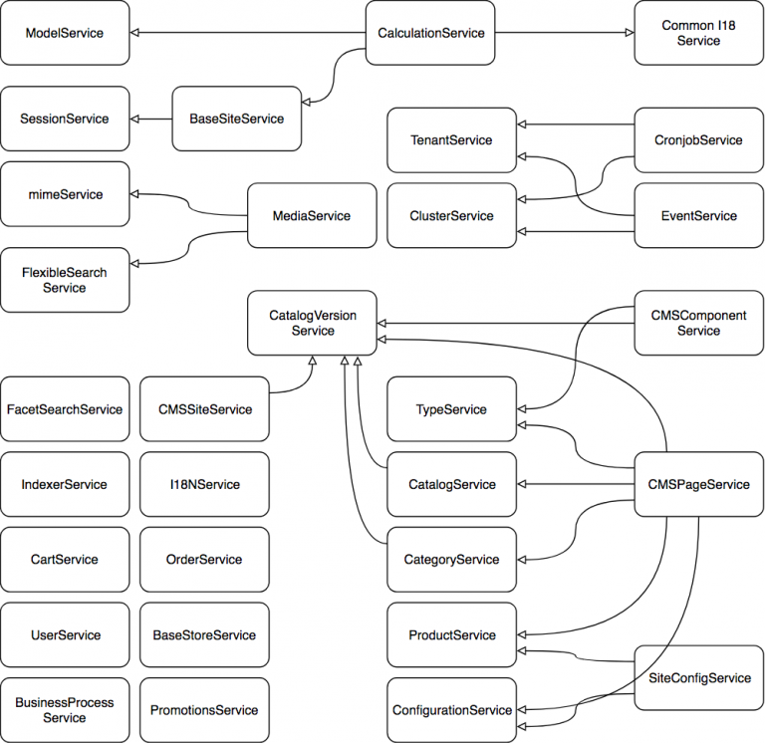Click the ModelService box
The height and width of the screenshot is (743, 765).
coord(65,33)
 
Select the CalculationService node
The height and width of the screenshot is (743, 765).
coord(430,33)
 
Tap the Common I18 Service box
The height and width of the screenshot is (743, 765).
coord(698,33)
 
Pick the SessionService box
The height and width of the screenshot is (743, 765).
coord(65,119)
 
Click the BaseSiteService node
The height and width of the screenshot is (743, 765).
coord(236,119)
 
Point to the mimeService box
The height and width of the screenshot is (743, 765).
coord(65,194)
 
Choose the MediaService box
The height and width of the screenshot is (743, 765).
coord(311,215)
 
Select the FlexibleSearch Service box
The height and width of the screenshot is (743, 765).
coord(65,280)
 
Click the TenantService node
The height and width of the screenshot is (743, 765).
coord(451,140)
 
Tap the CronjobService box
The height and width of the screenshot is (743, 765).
coord(698,140)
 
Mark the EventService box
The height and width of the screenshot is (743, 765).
coord(698,215)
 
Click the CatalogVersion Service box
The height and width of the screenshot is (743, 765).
coord(312,323)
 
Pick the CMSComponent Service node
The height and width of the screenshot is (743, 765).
coord(698,323)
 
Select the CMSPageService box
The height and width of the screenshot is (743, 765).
coord(698,485)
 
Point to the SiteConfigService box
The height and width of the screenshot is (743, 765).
coord(698,678)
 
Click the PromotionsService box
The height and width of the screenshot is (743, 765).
coord(204,710)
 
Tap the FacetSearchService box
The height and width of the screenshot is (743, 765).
coord(65,409)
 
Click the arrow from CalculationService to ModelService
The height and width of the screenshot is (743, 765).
coord(249,33)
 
